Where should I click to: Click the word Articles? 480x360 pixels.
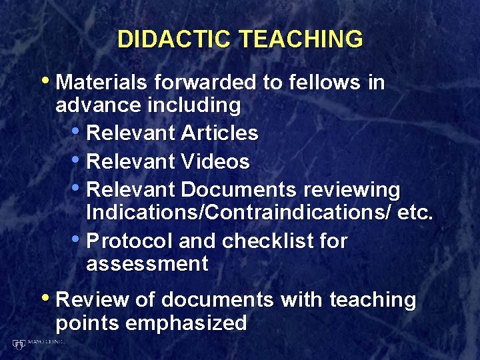(x=219, y=133)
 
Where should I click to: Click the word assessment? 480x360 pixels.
(x=147, y=264)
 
